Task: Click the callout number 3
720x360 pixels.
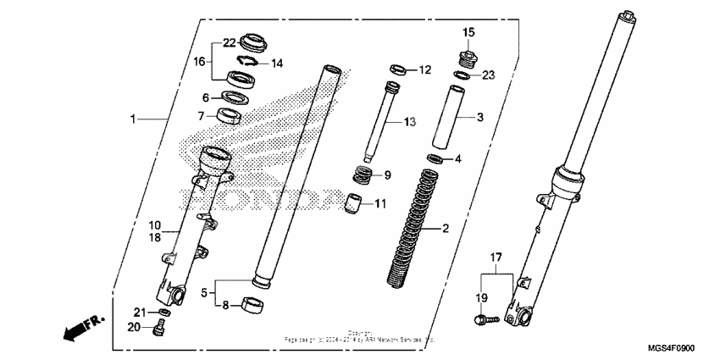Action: pos(479,118)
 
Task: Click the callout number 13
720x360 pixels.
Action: pos(409,123)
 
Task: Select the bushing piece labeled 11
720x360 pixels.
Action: pos(351,205)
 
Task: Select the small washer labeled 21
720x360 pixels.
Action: pos(165,313)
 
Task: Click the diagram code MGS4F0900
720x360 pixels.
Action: pos(671,347)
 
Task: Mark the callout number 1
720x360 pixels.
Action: pos(132,119)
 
